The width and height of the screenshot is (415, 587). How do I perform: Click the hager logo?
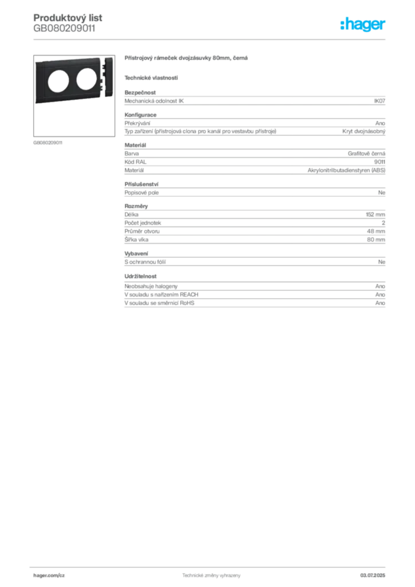(362, 24)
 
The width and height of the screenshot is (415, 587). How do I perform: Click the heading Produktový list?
(68, 18)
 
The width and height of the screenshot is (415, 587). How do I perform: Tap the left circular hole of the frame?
(58, 81)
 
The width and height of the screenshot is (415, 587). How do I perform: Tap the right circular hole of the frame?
(87, 79)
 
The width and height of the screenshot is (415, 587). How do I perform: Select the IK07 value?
(379, 101)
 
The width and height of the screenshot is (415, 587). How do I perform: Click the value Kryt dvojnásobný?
(364, 131)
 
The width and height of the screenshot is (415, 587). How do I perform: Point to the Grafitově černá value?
(366, 154)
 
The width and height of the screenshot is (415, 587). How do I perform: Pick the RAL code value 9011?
(379, 162)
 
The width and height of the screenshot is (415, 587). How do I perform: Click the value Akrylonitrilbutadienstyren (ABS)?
(346, 170)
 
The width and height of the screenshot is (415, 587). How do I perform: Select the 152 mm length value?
(375, 214)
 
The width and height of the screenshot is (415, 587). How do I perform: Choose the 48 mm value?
(376, 231)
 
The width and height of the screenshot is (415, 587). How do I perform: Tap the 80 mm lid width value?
(376, 240)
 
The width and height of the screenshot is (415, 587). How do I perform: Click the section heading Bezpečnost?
(140, 92)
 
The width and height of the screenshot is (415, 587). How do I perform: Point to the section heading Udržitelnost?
(140, 276)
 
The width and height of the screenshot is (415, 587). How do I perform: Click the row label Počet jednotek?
(143, 223)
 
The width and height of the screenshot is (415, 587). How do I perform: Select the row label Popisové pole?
(142, 193)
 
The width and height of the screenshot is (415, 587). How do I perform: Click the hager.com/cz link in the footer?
(49, 576)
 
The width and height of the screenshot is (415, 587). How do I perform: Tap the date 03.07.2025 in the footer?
(373, 576)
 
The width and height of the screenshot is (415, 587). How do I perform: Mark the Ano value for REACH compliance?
(380, 295)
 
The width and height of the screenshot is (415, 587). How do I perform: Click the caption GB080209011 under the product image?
(48, 143)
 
